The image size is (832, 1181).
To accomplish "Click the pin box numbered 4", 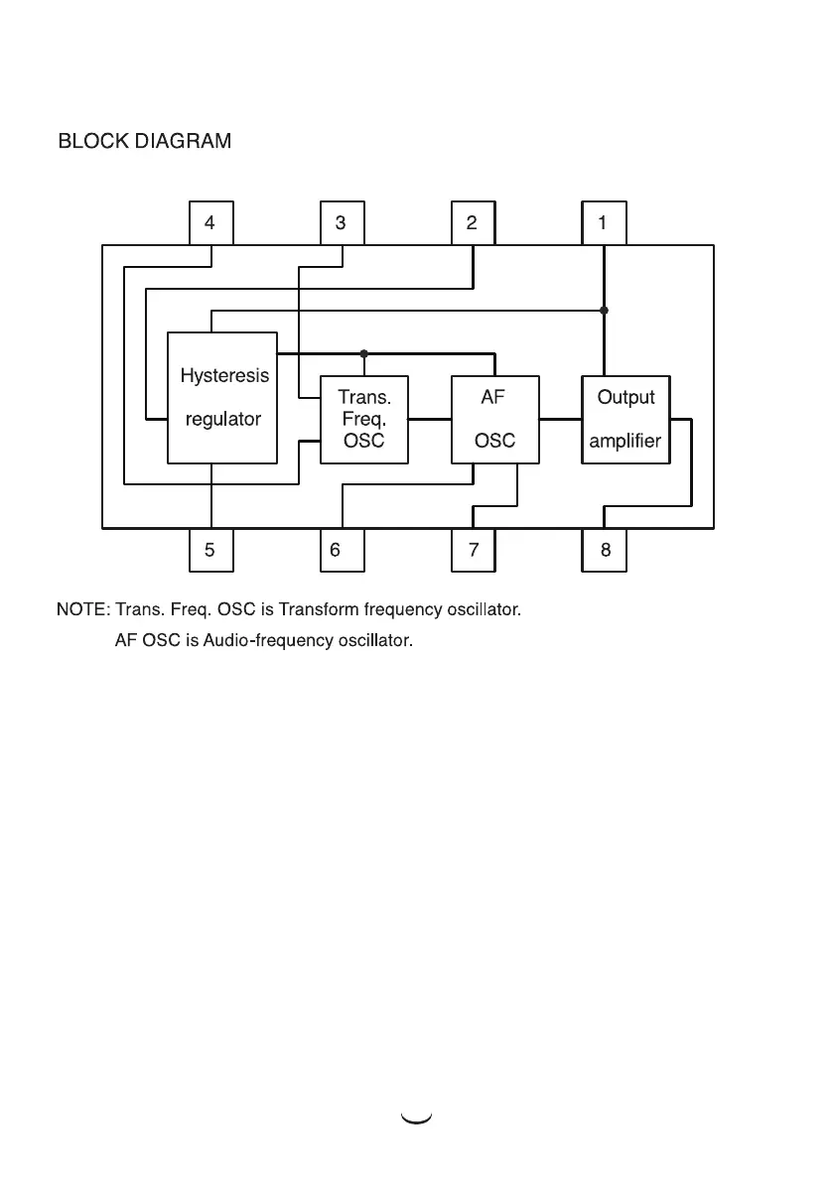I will (210, 223).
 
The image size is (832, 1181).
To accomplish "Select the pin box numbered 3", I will (342, 223).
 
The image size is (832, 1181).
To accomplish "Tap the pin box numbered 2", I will (473, 223).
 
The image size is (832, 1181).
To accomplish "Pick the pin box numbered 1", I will (604, 223).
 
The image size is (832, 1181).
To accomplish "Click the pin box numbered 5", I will (210, 550).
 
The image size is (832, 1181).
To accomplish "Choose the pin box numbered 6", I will (342, 550).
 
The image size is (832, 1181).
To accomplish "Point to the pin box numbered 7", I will (473, 550).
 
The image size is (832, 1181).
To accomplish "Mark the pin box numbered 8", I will (604, 550).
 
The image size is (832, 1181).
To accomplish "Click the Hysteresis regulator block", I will (221, 398).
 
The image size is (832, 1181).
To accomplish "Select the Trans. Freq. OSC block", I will (363, 420).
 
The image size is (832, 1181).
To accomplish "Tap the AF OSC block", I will (494, 420).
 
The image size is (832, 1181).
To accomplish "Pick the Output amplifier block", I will (625, 420).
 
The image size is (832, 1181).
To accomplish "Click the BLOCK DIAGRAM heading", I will (145, 142).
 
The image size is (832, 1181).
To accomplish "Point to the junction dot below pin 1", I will (604, 311).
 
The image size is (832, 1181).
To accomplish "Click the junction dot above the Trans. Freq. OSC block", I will (364, 353).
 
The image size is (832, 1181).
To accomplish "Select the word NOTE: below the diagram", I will (83, 609).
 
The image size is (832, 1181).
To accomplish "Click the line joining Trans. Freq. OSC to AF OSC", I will (429, 420).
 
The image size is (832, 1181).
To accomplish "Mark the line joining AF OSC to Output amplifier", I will (560, 420).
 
